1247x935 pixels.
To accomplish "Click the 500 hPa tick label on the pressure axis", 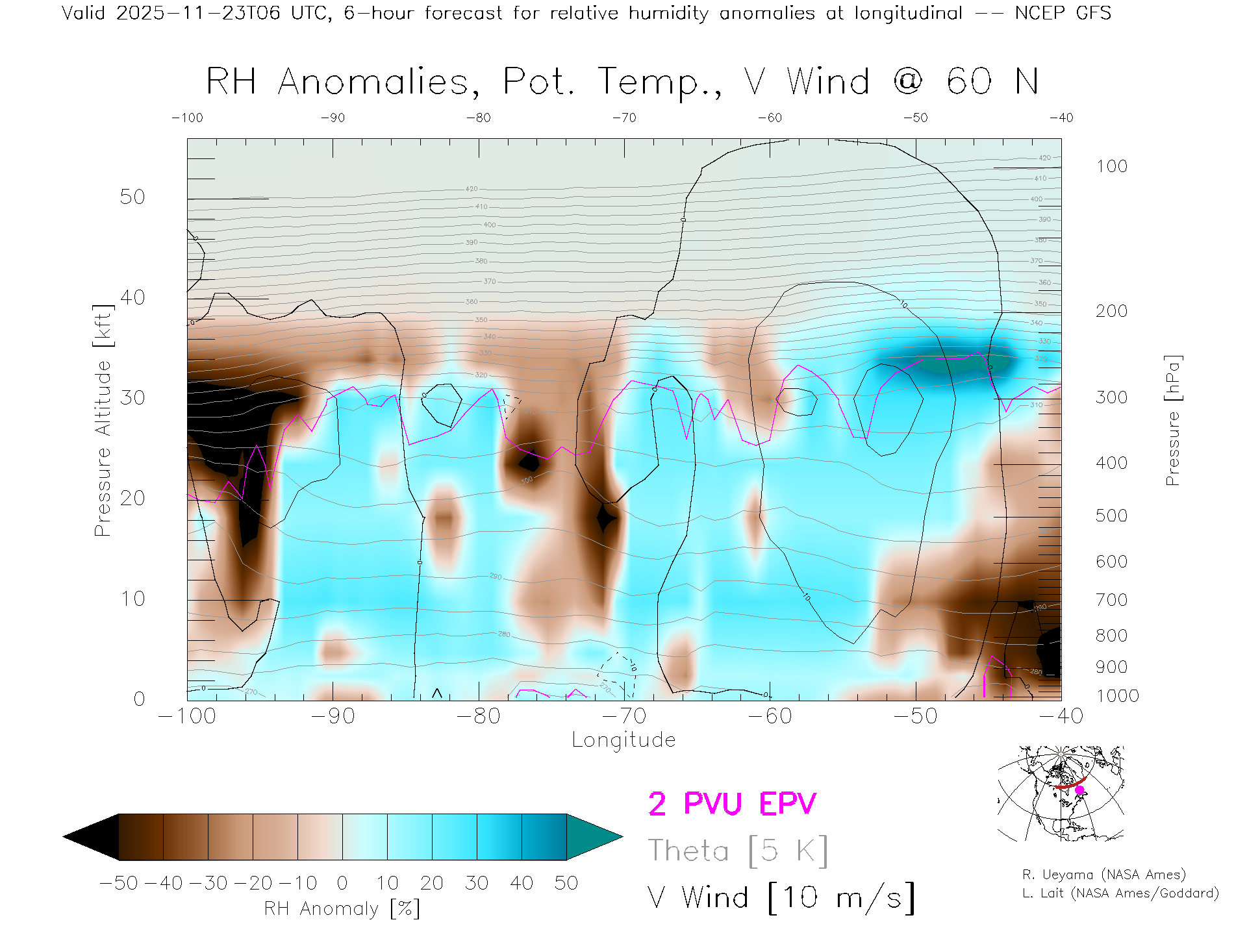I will [x=1111, y=516].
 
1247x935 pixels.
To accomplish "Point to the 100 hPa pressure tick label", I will [x=1111, y=166].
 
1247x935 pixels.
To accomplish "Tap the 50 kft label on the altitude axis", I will [x=132, y=197].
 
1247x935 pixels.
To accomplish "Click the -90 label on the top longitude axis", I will [x=333, y=118].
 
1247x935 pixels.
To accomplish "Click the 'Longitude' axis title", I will [x=623, y=740].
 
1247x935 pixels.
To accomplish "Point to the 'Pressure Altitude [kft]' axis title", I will [x=103, y=421].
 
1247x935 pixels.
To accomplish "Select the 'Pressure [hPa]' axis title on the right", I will [x=1173, y=421].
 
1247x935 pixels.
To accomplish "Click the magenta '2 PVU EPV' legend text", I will [x=732, y=804].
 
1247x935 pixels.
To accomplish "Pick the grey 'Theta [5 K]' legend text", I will [x=738, y=851].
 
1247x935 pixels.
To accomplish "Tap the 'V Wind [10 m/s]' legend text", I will [x=781, y=898].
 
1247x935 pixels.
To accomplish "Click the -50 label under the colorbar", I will [x=119, y=883].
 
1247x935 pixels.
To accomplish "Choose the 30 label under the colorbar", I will [x=477, y=883].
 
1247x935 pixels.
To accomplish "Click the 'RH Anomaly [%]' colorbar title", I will [x=342, y=908].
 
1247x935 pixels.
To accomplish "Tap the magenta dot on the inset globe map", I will [x=1080, y=790].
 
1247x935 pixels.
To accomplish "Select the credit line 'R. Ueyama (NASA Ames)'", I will [x=1103, y=875].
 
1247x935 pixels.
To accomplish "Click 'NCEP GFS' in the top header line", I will [x=1063, y=13].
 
